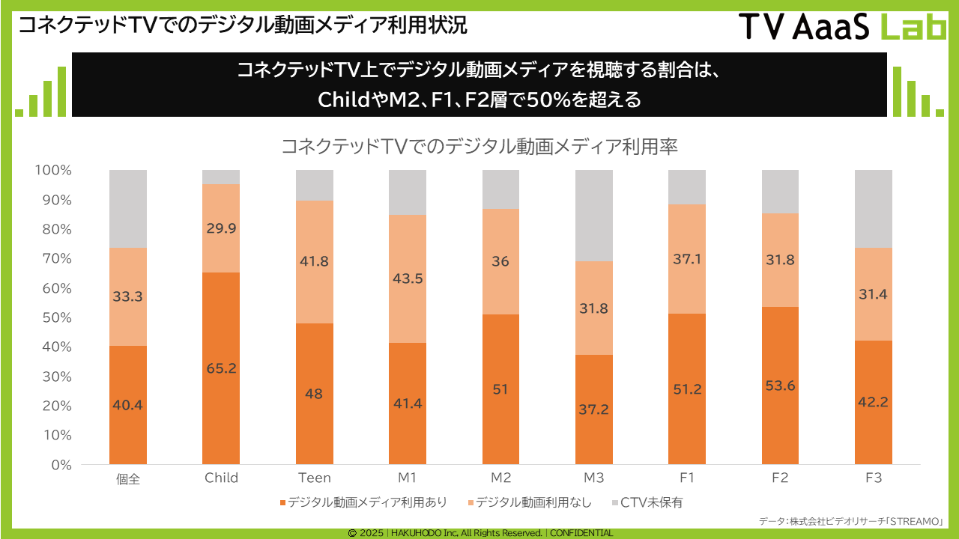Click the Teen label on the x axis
[314, 478]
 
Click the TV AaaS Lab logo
[842, 27]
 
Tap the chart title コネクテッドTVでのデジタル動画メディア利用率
[479, 146]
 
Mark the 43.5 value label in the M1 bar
[408, 277]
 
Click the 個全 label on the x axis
[128, 478]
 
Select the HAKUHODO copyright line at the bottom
[480, 533]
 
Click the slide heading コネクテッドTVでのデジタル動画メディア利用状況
[242, 25]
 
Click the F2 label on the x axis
[780, 478]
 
